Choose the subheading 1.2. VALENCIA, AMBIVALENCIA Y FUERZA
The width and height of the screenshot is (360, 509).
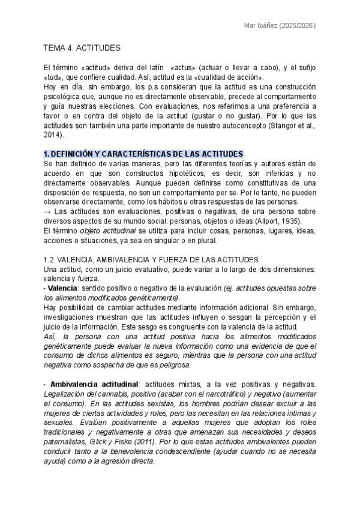151,259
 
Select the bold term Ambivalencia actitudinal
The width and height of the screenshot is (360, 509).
95,384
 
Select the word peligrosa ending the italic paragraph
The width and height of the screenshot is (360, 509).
155,364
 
